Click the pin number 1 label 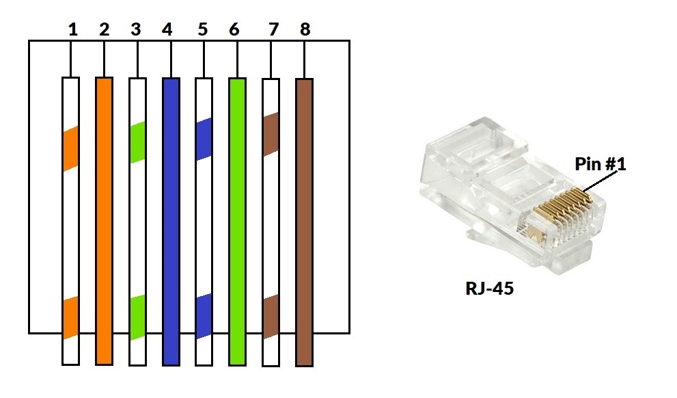(73, 29)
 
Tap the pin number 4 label (167, 29)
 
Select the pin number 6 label (234, 29)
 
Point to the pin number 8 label (305, 29)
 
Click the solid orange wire (104, 221)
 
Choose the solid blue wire (171, 222)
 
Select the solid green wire (238, 222)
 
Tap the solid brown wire (305, 222)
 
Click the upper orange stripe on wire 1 (71, 148)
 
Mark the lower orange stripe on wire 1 (71, 317)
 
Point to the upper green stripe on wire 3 (138, 142)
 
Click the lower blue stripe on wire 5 (204, 316)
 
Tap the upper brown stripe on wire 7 (271, 135)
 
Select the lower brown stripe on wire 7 (271, 317)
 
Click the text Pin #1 (600, 163)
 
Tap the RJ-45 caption (490, 288)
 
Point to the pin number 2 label (104, 29)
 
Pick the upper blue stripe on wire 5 (204, 139)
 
